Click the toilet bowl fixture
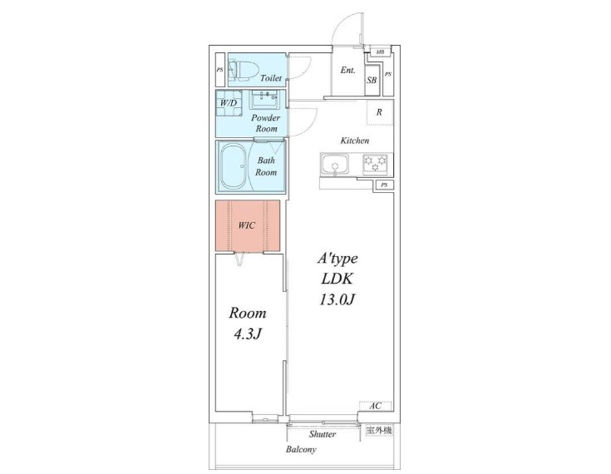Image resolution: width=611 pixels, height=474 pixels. click(x=244, y=70)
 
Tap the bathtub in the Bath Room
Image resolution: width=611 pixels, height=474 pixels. click(x=233, y=167)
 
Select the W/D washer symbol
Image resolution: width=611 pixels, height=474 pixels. click(x=229, y=103)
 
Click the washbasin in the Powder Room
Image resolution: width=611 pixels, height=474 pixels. click(x=264, y=100)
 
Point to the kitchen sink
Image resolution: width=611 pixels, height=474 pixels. click(x=335, y=164)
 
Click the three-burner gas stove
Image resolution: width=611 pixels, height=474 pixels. click(x=375, y=164)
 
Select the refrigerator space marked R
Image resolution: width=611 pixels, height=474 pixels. click(x=379, y=112)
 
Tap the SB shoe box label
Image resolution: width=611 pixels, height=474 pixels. click(x=372, y=80)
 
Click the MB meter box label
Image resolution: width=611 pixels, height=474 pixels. click(x=380, y=52)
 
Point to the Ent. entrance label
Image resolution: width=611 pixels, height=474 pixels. click(x=347, y=70)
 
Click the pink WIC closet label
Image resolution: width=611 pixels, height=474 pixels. click(x=247, y=225)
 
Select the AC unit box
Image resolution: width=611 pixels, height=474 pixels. click(x=375, y=406)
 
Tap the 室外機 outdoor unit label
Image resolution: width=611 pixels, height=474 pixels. click(x=379, y=431)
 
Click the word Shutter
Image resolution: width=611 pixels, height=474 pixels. click(x=323, y=434)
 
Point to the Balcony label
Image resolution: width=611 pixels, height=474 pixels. click(x=301, y=449)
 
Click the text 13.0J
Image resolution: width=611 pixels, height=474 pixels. click(x=337, y=299)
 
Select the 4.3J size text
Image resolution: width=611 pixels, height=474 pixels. click(x=247, y=333)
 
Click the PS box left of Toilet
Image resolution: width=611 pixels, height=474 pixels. click(x=220, y=70)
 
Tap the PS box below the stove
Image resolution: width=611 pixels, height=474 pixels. click(x=385, y=185)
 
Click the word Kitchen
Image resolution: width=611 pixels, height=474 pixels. click(x=355, y=141)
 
